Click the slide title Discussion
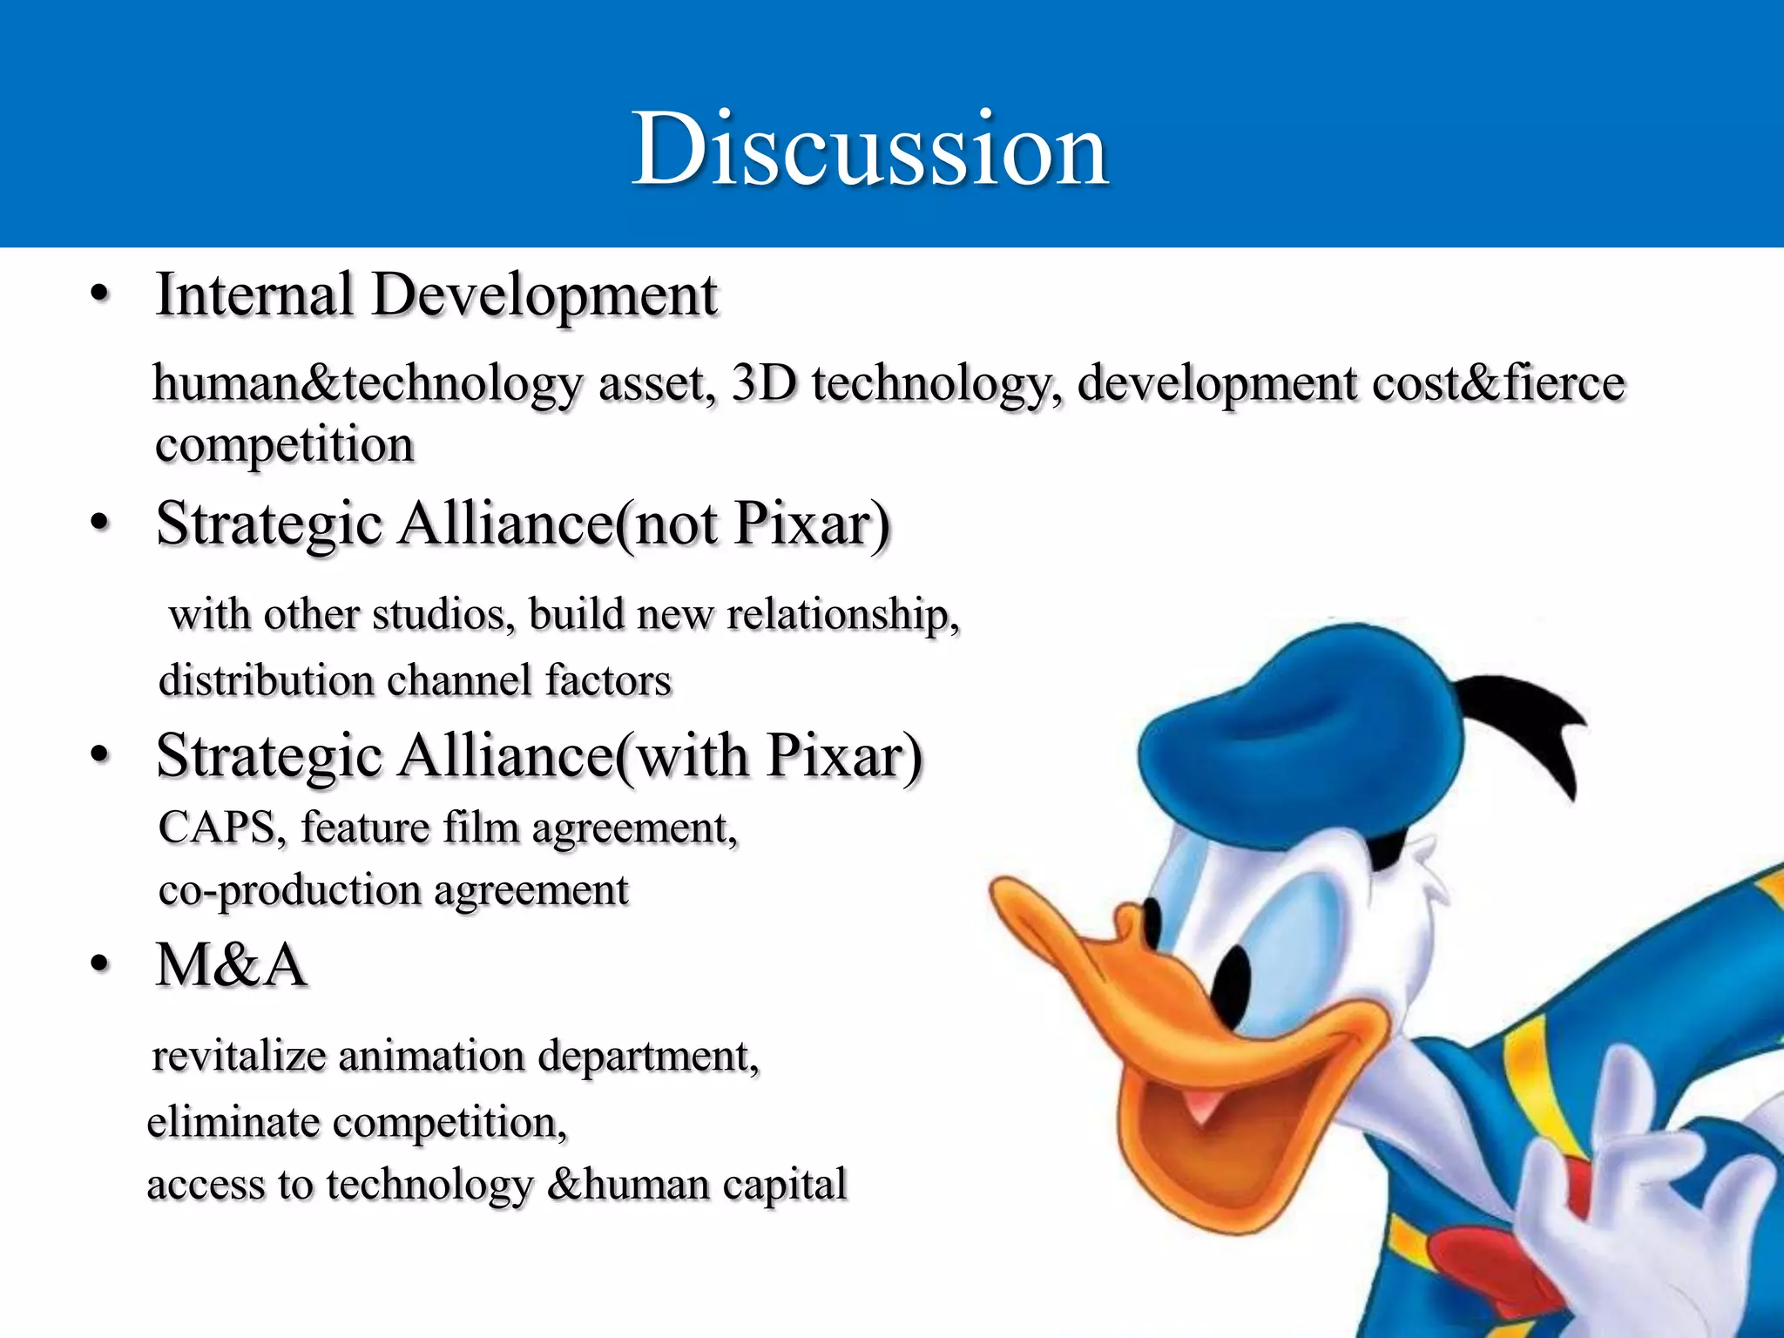pyautogui.click(x=869, y=150)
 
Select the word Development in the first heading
pyautogui.click(x=544, y=296)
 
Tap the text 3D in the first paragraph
pyautogui.click(x=764, y=382)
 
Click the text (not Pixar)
pyautogui.click(x=753, y=524)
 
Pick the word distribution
pyautogui.click(x=266, y=680)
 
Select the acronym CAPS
pyautogui.click(x=217, y=828)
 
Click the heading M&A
pyautogui.click(x=231, y=965)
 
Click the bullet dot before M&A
pyautogui.click(x=100, y=965)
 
